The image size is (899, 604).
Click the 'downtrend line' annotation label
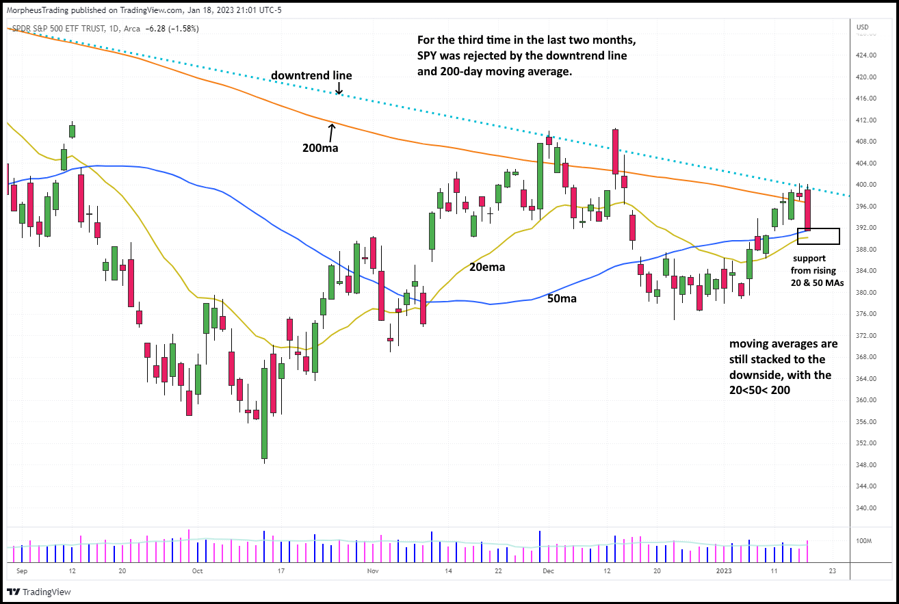point(311,75)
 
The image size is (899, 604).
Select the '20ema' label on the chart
point(486,267)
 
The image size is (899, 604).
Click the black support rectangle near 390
point(818,236)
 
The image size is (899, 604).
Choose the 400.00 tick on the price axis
point(867,185)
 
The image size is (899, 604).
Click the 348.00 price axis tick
point(867,465)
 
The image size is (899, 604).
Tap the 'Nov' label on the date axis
point(372,570)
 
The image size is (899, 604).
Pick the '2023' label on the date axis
point(723,570)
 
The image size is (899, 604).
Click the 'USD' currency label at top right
point(862,27)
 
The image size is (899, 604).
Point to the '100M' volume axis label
point(865,541)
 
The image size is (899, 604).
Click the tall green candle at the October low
point(264,413)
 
